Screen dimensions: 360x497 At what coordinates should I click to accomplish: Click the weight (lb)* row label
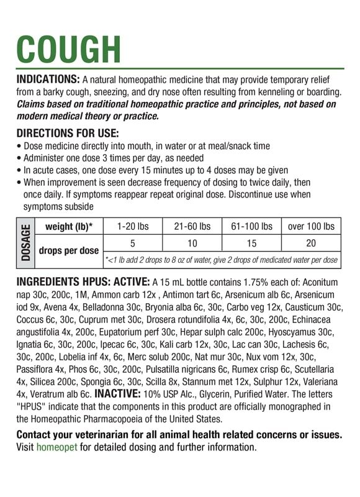click(x=68, y=226)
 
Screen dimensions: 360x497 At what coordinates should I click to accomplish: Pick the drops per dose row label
click(x=68, y=251)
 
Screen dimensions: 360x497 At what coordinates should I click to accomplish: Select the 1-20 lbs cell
click(x=132, y=226)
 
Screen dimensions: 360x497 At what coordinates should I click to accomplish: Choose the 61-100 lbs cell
click(x=251, y=226)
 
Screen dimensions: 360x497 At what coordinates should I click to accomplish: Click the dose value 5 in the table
click(x=132, y=243)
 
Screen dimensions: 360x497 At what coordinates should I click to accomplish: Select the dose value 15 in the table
click(x=251, y=243)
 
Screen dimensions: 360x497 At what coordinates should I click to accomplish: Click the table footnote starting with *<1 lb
click(x=221, y=259)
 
